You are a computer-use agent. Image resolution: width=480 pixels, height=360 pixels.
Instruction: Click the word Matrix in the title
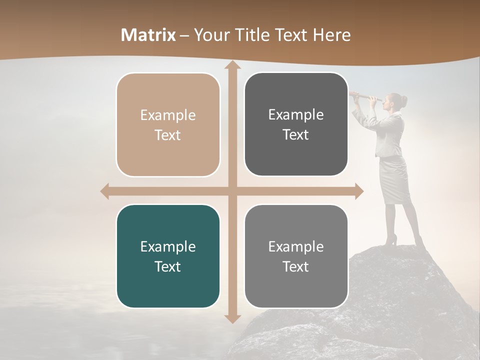tap(148, 35)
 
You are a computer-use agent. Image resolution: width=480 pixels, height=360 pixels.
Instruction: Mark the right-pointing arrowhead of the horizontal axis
tap(359, 191)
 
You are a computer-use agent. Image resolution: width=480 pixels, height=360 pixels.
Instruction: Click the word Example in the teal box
tap(168, 246)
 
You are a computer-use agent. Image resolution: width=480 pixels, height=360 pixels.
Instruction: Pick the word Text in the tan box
tap(168, 135)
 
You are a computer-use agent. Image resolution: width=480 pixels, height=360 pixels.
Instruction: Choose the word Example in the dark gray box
tap(296, 115)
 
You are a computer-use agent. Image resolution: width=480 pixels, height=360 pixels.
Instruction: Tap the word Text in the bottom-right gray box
tap(296, 266)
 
